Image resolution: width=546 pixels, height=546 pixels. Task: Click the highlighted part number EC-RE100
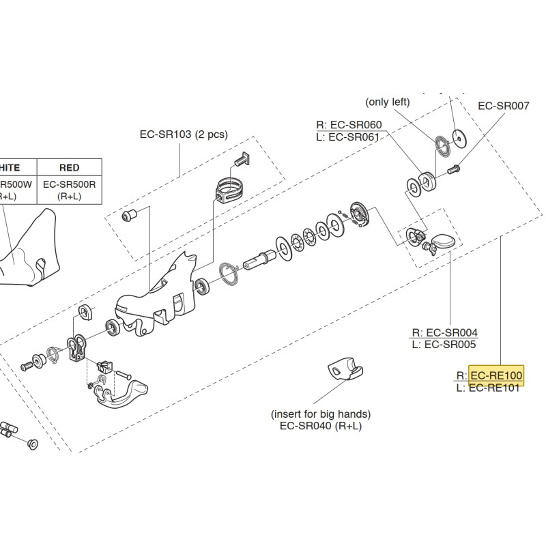point(496,375)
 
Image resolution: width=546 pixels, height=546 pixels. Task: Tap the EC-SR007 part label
point(503,106)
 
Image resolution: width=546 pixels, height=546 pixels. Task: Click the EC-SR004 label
point(451,332)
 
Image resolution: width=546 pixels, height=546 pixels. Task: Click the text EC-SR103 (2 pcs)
point(184,134)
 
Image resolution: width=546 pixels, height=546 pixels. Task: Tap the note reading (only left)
point(387,102)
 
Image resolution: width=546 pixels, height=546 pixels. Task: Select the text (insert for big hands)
point(321,414)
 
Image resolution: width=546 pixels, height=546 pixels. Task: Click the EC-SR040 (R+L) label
point(321,427)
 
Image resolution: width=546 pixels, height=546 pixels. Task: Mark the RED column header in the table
point(69,167)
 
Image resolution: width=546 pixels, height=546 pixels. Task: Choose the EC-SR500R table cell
point(69,184)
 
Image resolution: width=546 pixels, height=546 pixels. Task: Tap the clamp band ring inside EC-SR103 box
point(229,188)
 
